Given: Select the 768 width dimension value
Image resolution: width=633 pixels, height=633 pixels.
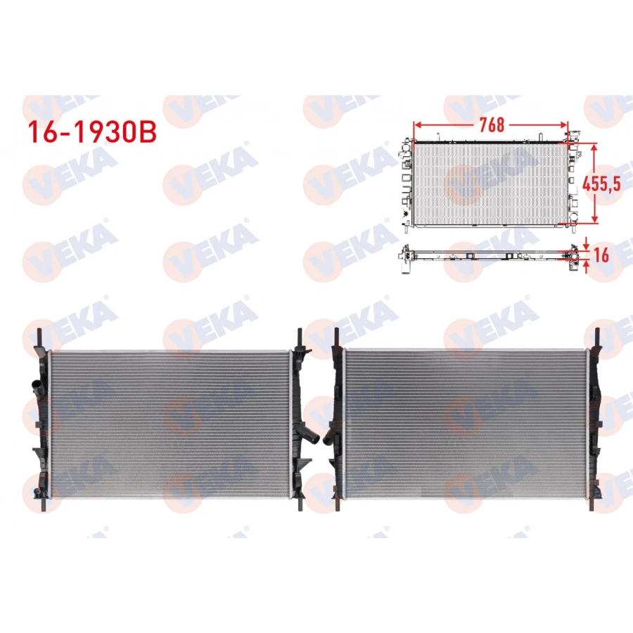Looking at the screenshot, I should pyautogui.click(x=492, y=124).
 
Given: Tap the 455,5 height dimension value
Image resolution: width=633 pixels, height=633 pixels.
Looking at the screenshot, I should pyautogui.click(x=601, y=184).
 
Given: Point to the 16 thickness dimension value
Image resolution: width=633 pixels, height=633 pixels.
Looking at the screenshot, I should pyautogui.click(x=601, y=255).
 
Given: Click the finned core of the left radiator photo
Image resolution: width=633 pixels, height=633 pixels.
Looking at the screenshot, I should pyautogui.click(x=169, y=422).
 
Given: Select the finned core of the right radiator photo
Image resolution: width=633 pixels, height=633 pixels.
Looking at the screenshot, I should pyautogui.click(x=466, y=422).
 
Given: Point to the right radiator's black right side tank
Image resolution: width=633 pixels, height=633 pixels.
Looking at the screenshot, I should pyautogui.click(x=595, y=422).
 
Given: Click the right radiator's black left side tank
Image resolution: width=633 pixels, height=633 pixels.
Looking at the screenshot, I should pyautogui.click(x=337, y=422).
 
